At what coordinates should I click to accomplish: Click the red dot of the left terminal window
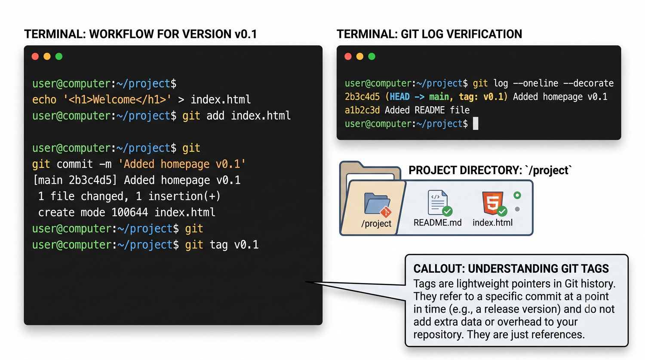tap(35, 56)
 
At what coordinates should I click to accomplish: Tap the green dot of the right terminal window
tap(372, 56)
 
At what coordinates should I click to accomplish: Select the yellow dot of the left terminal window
tap(47, 56)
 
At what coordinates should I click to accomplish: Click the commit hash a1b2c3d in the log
tap(362, 110)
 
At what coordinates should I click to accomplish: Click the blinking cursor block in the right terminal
tap(476, 123)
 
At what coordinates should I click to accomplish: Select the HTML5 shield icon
tap(493, 203)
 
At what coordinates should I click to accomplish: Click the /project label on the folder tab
tap(376, 224)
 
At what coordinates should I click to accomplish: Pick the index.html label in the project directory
tap(492, 223)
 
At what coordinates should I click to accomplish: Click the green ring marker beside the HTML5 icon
tap(517, 195)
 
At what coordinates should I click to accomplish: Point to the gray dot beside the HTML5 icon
tap(517, 209)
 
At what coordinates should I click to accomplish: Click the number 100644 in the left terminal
tap(129, 212)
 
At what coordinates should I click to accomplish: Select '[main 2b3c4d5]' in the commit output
tap(75, 180)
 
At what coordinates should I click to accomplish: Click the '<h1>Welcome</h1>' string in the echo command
tap(117, 100)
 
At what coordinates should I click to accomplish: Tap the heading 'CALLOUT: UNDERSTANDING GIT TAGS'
tap(511, 268)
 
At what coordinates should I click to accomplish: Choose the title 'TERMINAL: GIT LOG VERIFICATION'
tap(429, 34)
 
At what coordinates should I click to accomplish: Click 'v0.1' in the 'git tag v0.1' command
tap(246, 245)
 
